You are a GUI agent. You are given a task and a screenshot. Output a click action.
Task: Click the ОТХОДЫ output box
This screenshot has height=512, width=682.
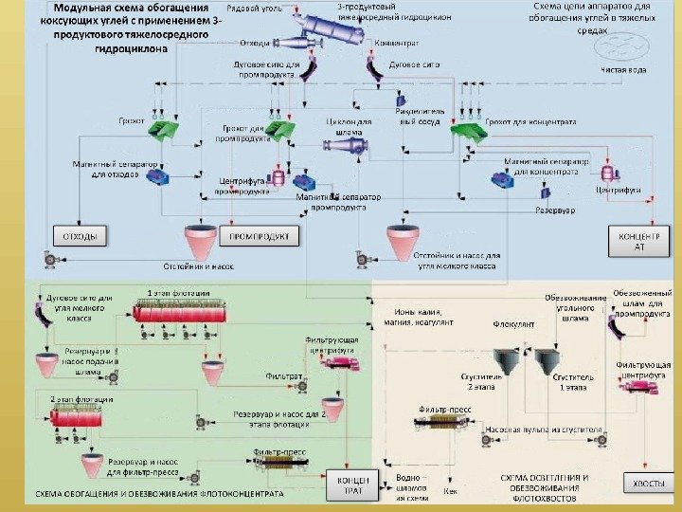click(80, 234)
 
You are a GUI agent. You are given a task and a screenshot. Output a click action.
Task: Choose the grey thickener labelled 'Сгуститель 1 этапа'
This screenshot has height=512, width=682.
click(547, 360)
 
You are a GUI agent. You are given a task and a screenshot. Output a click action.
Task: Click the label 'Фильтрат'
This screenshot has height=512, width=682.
click(283, 376)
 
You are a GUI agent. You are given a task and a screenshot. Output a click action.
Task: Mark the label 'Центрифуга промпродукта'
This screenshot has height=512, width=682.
click(242, 186)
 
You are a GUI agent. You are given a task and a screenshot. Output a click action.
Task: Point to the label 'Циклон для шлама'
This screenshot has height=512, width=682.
click(350, 127)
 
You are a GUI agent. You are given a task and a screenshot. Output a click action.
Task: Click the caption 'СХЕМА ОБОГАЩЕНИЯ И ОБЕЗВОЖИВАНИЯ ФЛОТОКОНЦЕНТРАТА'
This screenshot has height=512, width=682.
click(160, 496)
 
